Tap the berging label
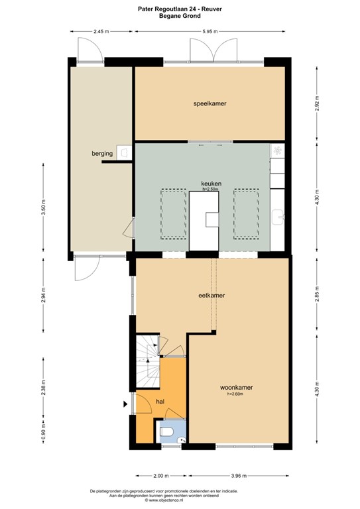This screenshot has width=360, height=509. [x=102, y=154]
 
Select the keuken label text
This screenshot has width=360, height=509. [x=211, y=184]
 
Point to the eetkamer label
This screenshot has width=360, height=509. [x=212, y=295]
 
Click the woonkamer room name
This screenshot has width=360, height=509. [x=237, y=387]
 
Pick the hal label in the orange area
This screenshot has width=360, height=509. [x=160, y=402]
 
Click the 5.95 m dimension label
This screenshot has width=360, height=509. [x=211, y=31]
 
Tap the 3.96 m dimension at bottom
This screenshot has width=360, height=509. [x=239, y=475]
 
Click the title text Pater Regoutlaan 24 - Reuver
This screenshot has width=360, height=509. [x=180, y=7]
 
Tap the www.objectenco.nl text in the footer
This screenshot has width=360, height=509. [x=180, y=499]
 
